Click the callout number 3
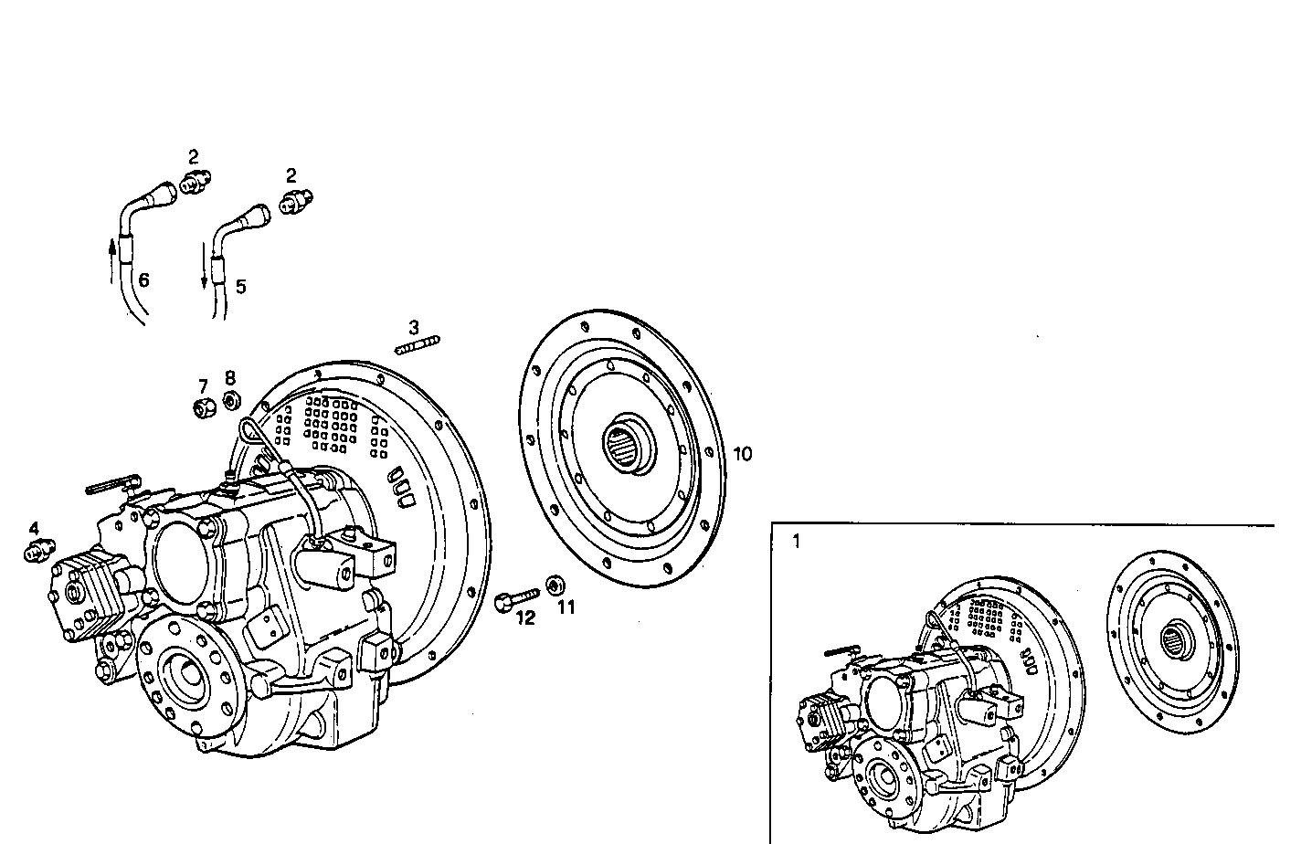tap(414, 327)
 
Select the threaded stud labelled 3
tap(418, 345)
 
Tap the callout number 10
tap(743, 454)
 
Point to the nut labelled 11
tap(554, 585)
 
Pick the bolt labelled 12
tap(513, 601)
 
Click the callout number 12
tap(524, 618)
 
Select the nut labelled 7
tap(204, 407)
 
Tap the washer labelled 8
tap(232, 399)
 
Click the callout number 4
tap(34, 529)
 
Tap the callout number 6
tap(143, 280)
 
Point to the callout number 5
tap(240, 287)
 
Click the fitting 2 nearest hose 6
tap(193, 182)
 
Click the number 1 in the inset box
tap(796, 542)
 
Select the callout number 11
tap(566, 607)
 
